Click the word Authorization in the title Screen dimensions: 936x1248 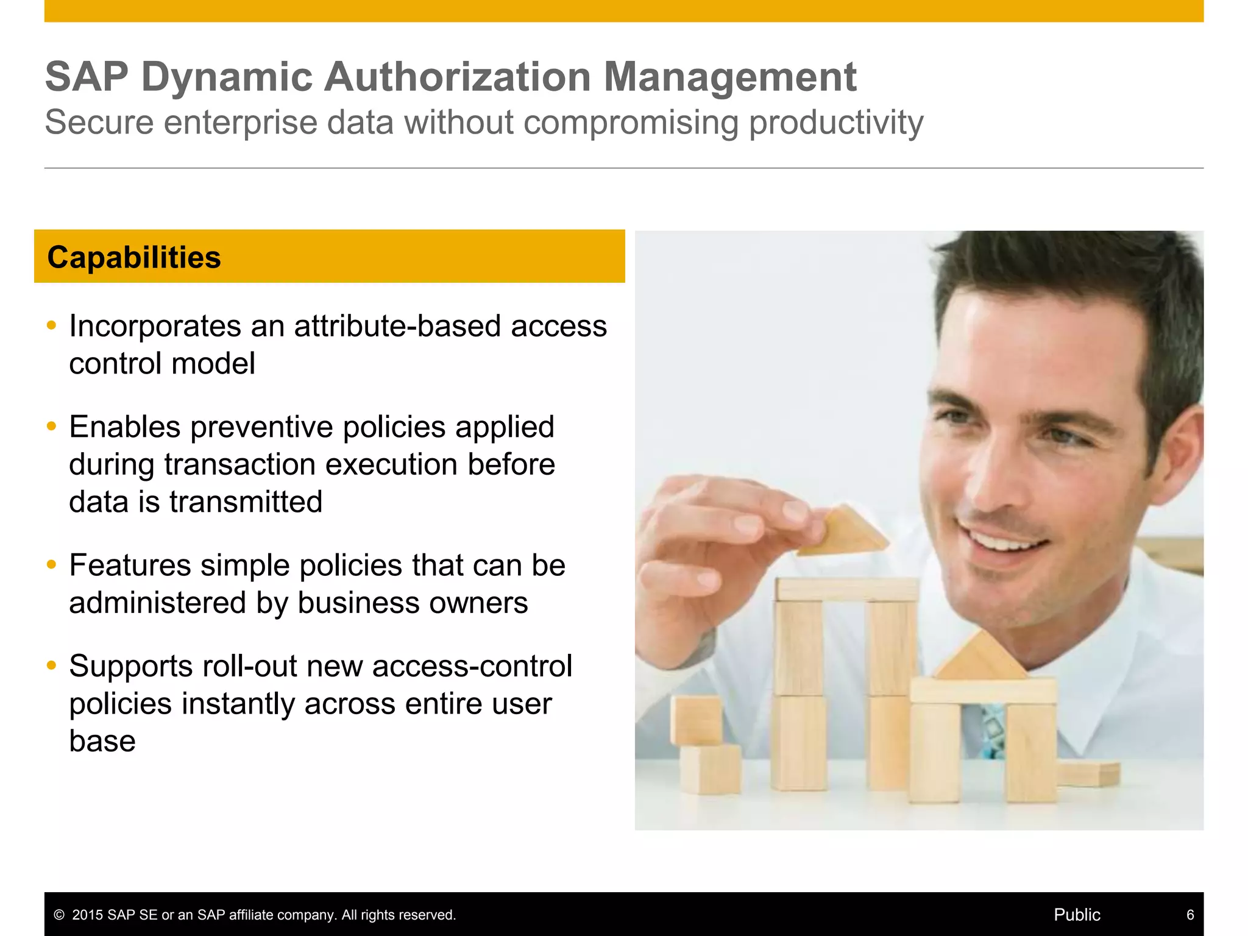pos(457,77)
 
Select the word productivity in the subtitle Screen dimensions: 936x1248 pos(835,122)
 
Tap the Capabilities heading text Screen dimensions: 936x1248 pos(134,257)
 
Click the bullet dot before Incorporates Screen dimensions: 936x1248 pos(52,325)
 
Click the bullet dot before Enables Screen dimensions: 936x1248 pos(52,426)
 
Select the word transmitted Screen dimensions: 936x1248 pos(246,502)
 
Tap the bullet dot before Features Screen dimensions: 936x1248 pos(52,564)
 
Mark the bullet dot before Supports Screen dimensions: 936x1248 pos(52,665)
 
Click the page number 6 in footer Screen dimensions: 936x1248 pos(1190,915)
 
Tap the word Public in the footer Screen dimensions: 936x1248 pos(1077,915)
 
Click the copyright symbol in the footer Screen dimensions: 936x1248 pos(59,915)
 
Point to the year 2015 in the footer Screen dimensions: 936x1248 pos(88,915)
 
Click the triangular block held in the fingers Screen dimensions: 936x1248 pos(844,531)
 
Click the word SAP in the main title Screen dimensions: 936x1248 pos(87,77)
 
